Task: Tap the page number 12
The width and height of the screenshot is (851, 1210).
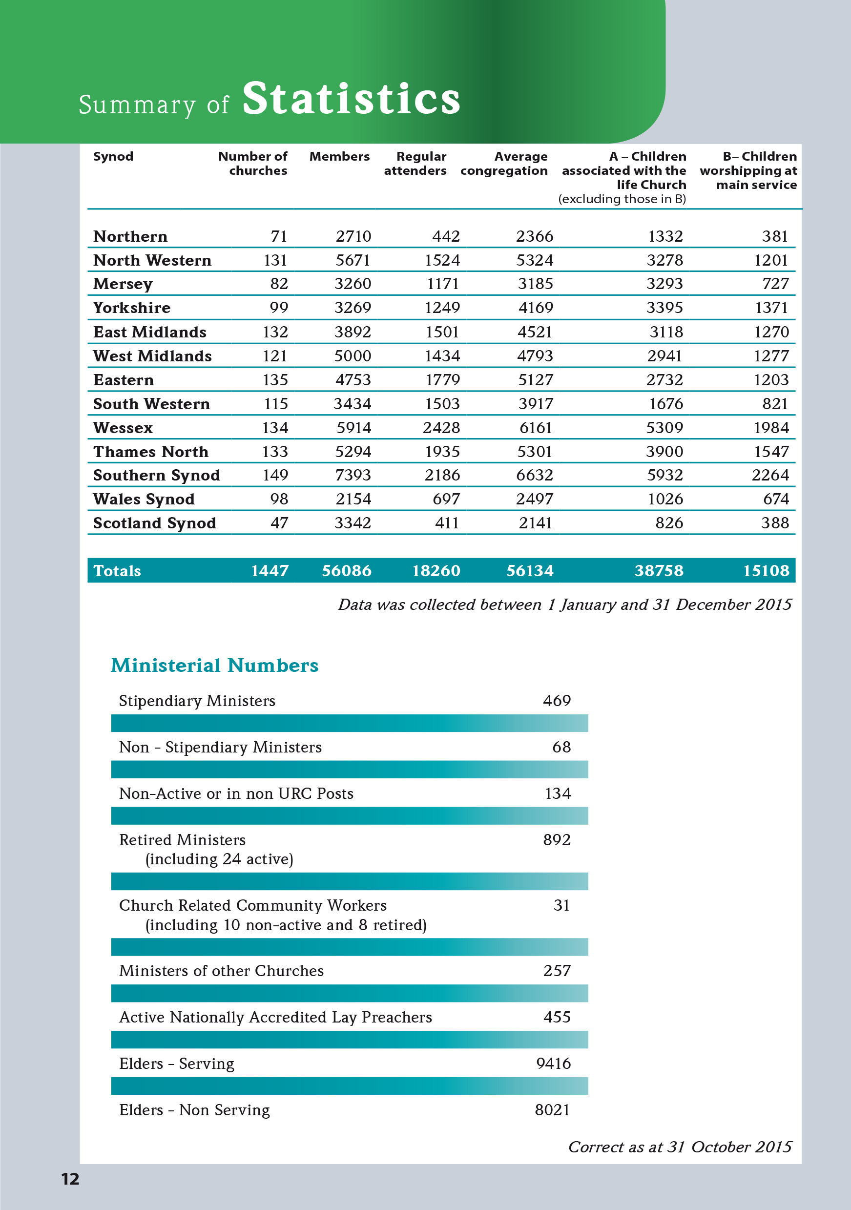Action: click(x=70, y=1179)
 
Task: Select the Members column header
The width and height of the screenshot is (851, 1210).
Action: click(x=339, y=157)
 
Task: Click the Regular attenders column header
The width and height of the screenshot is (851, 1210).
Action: click(x=416, y=164)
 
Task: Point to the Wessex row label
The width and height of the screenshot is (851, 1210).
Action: click(x=123, y=427)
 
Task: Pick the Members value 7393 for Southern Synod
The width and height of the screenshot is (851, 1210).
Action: click(x=353, y=476)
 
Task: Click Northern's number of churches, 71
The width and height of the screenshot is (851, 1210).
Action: click(x=279, y=236)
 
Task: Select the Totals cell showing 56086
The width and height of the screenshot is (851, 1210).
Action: click(x=347, y=571)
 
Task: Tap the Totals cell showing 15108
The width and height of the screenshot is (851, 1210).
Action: click(x=766, y=571)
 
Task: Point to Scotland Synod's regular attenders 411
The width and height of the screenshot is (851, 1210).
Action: click(x=446, y=523)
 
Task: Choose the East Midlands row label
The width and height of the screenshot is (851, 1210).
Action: click(x=150, y=332)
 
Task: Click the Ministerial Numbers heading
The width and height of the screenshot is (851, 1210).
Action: click(x=214, y=665)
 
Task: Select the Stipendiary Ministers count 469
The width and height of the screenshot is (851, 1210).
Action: click(x=557, y=700)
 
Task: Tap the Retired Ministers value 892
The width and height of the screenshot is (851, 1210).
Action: click(x=557, y=839)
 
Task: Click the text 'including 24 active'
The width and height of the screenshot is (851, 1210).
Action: click(x=219, y=859)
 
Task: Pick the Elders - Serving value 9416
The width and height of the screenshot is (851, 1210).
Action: click(x=553, y=1064)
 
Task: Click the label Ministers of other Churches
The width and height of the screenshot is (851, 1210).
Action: click(x=221, y=971)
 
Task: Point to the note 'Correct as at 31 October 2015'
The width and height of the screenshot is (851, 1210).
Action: click(x=680, y=1147)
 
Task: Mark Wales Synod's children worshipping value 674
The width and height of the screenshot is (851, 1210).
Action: click(x=776, y=499)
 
